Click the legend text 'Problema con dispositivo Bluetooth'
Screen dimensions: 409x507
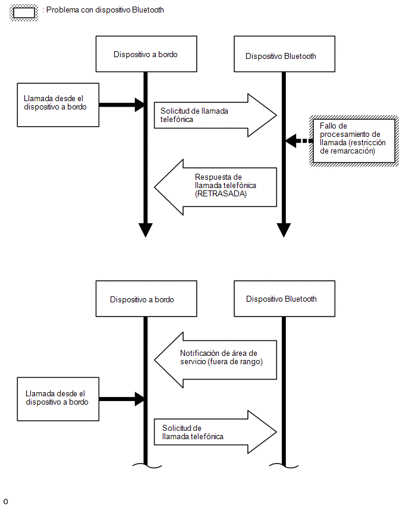(105, 10)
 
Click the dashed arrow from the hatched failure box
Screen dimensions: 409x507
(299, 141)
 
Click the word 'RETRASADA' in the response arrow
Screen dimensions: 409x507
(221, 193)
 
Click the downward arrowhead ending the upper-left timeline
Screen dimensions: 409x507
(146, 230)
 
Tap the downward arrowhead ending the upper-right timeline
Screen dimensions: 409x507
(284, 230)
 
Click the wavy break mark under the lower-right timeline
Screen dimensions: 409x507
(284, 465)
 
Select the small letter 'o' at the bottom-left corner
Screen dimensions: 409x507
(5, 502)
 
